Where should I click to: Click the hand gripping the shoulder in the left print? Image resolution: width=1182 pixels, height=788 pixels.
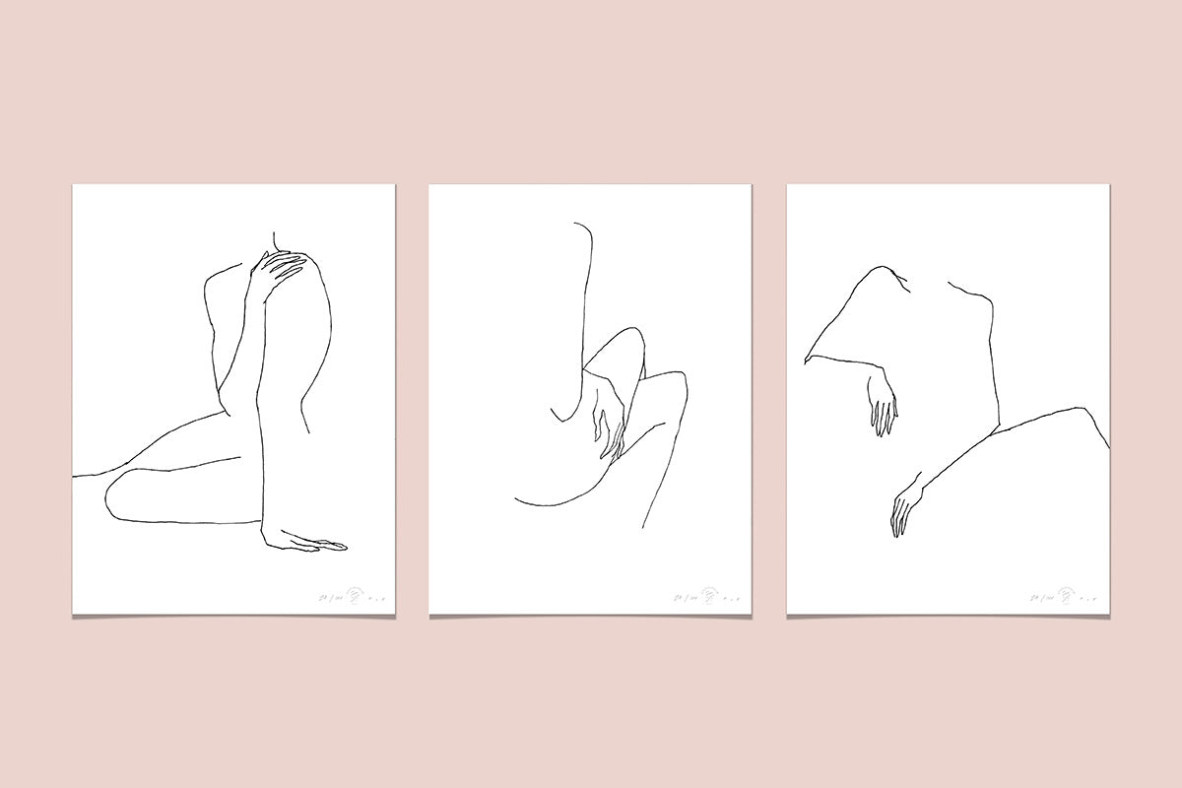pyautogui.click(x=280, y=270)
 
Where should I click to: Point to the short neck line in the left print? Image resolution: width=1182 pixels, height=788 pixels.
pyautogui.click(x=275, y=239)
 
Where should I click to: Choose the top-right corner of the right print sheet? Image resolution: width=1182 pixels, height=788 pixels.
pyautogui.click(x=1109, y=186)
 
